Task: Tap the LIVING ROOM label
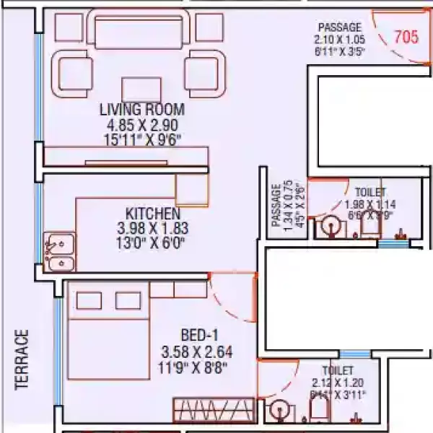142,110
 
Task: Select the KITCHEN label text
152,214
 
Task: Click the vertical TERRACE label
22,360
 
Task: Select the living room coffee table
141,89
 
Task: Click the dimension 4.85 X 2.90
142,124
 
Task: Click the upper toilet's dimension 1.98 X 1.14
368,204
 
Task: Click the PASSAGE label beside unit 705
339,27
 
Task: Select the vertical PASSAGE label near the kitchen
276,206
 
